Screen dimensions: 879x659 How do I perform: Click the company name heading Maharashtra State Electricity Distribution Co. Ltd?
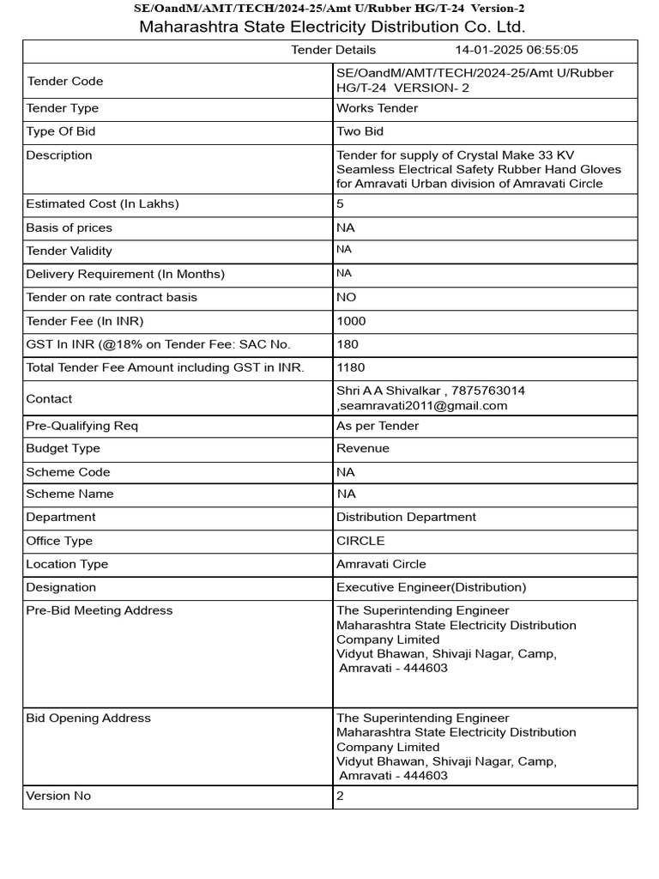pyautogui.click(x=332, y=27)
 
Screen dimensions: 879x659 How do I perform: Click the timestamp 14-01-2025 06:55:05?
pyautogui.click(x=517, y=50)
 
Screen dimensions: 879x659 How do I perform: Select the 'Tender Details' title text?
pyautogui.click(x=333, y=50)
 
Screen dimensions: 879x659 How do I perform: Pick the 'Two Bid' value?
pyautogui.click(x=360, y=131)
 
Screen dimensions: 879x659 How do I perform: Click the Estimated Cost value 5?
pyautogui.click(x=340, y=204)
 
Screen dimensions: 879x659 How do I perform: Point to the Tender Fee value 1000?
pyautogui.click(x=350, y=321)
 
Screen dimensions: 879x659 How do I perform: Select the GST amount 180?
pyautogui.click(x=347, y=344)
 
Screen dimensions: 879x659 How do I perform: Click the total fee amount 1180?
pyautogui.click(x=350, y=367)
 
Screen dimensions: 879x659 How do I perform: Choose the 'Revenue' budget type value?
pyautogui.click(x=362, y=448)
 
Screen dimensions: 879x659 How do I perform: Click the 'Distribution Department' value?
pyautogui.click(x=406, y=517)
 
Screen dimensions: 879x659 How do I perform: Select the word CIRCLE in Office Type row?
pyautogui.click(x=360, y=541)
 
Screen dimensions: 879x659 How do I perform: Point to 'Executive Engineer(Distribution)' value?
pyautogui.click(x=431, y=587)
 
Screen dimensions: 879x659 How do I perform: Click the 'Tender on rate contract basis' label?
pyautogui.click(x=112, y=297)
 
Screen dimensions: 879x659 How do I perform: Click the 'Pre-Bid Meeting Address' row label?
pyautogui.click(x=100, y=610)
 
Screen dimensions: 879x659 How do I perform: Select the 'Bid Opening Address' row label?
pyautogui.click(x=88, y=718)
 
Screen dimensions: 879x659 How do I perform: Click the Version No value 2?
pyautogui.click(x=340, y=796)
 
